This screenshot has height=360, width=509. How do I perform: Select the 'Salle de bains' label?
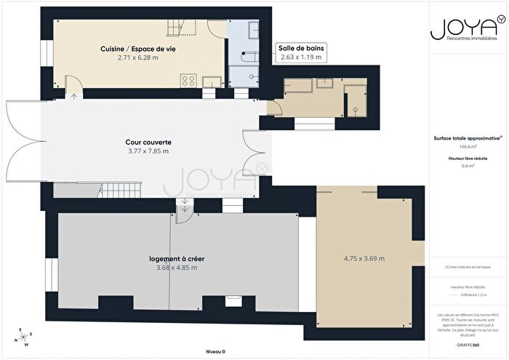point(301,48)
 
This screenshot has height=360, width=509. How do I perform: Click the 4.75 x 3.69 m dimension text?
point(364,258)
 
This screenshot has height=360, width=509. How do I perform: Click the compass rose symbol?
point(24,337)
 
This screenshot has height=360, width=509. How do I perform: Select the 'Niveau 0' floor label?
point(215,351)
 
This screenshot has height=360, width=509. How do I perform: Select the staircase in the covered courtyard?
point(114,191)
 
